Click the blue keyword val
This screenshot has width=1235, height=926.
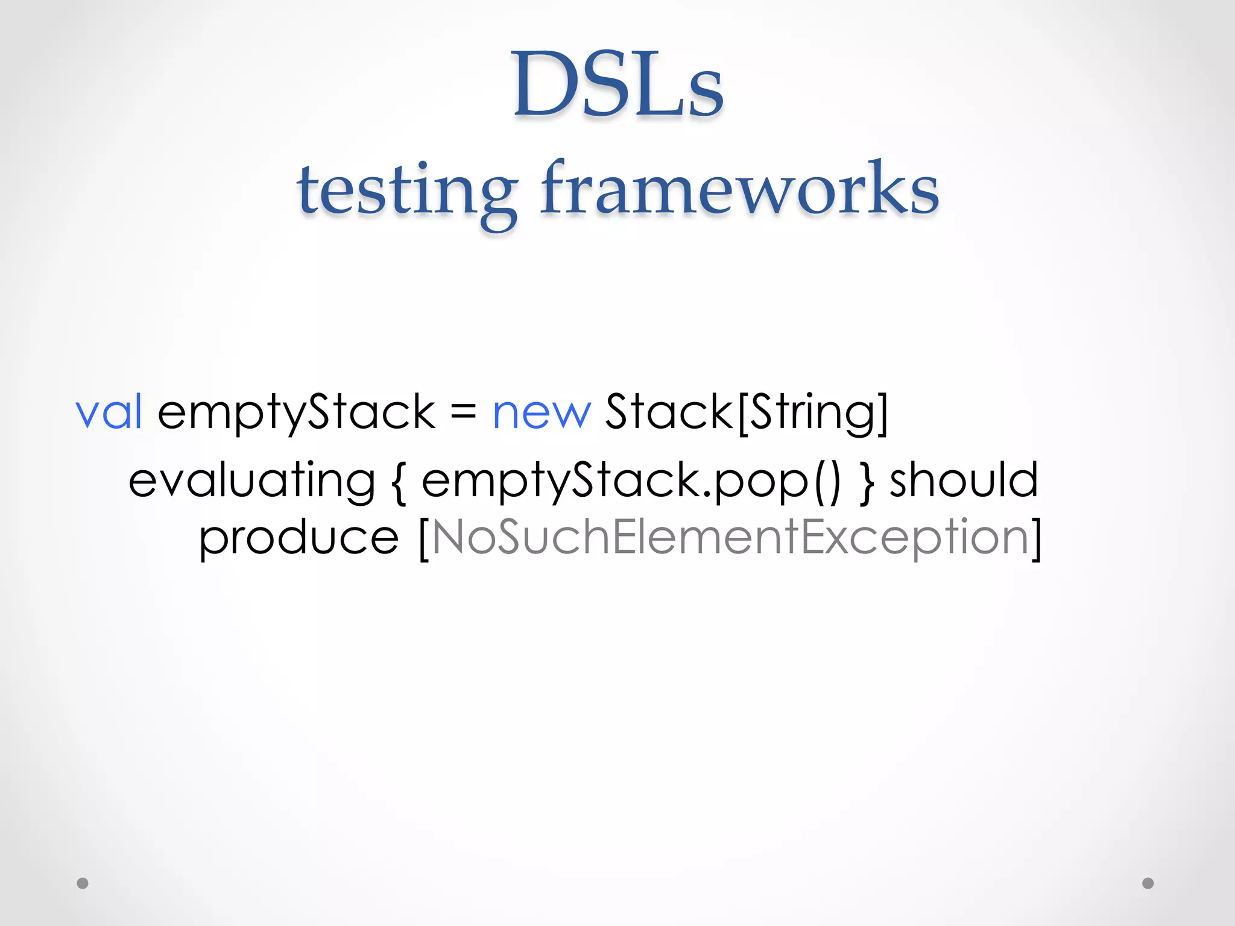109,412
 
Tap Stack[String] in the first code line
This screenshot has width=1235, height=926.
747,412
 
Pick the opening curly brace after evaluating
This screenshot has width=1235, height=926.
399,482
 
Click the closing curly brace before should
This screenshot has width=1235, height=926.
867,482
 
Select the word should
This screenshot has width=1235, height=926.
964,480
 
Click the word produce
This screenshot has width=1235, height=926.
299,538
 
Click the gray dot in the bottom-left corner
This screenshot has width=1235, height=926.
83,883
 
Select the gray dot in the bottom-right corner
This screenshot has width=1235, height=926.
1148,883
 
